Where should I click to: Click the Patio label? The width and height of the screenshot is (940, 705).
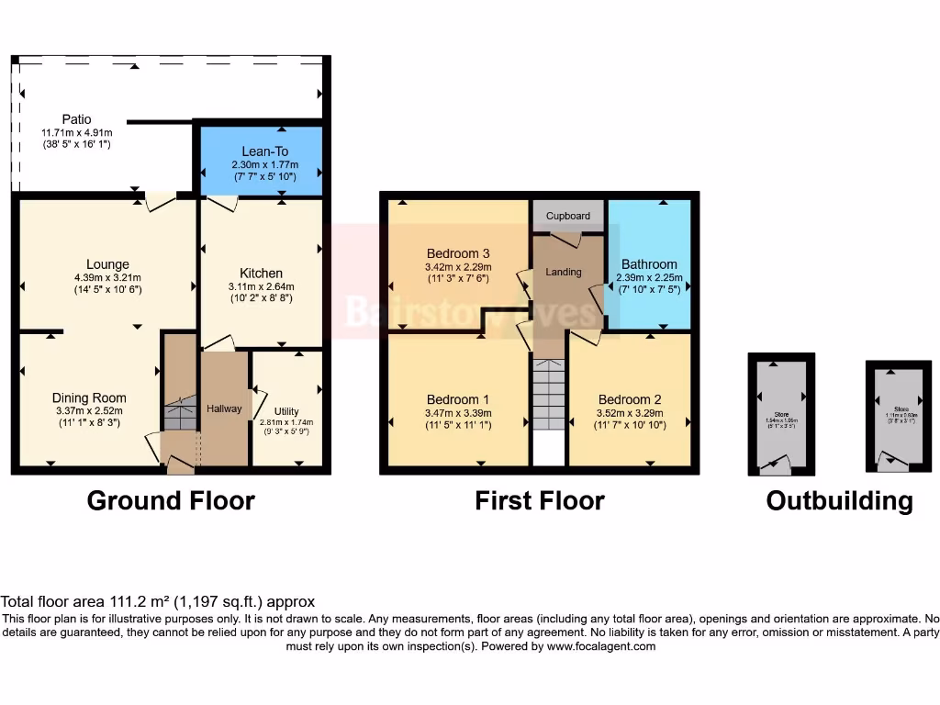point(76,119)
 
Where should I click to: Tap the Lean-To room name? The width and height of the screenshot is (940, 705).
point(262,151)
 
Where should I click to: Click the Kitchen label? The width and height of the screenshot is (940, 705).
point(261,273)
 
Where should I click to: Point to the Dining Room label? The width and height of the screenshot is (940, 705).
point(89,398)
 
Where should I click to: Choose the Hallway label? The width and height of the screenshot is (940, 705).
point(224,408)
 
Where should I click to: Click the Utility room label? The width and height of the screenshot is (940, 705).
point(286,412)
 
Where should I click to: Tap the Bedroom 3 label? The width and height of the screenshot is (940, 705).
point(458,253)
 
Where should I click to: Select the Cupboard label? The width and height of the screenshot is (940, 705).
point(568,216)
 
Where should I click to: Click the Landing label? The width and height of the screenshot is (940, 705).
point(564,273)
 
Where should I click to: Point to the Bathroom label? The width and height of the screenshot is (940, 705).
point(649,264)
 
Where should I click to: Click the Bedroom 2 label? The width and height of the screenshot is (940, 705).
point(630,399)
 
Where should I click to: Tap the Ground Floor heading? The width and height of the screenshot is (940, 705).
point(171,500)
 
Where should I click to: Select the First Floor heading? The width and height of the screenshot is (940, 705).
point(539,500)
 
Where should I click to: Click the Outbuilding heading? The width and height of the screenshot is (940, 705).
point(839,500)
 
